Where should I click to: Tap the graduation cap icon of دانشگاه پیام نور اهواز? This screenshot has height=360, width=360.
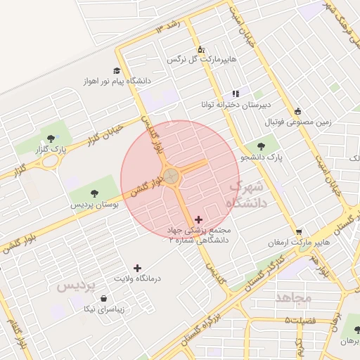click(117, 70)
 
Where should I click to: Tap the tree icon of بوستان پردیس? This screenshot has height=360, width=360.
click(94, 193)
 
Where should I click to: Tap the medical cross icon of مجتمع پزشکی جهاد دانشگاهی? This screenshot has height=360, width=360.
click(199, 220)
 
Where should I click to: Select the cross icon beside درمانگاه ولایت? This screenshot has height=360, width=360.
click(136, 268)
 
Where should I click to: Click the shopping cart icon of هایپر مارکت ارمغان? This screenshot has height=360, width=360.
click(300, 232)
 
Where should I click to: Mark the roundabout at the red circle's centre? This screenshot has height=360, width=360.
click(171, 176)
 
